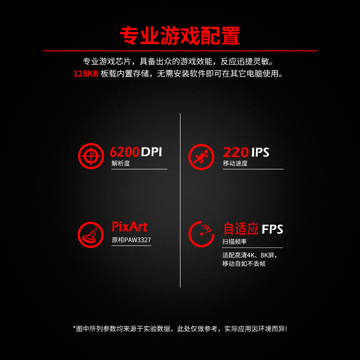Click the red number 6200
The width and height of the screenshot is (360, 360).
pos(125,152)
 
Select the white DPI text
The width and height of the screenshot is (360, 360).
pos(151,152)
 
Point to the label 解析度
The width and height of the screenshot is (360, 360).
pos(121,163)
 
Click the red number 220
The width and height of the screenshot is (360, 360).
pos(235,152)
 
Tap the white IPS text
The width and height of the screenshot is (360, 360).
pos(260,152)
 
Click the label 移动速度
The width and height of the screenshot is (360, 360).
pos(235,163)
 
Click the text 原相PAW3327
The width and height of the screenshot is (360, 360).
pos(131,240)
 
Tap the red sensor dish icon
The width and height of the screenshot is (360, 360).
pos(91,234)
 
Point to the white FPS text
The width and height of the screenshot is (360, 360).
pos(273,229)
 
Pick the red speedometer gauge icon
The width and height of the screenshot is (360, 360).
pos(201,234)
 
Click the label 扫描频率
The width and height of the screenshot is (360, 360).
pos(235,242)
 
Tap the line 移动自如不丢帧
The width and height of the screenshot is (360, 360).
pos(244,264)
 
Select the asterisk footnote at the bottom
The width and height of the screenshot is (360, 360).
pos(180,328)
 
